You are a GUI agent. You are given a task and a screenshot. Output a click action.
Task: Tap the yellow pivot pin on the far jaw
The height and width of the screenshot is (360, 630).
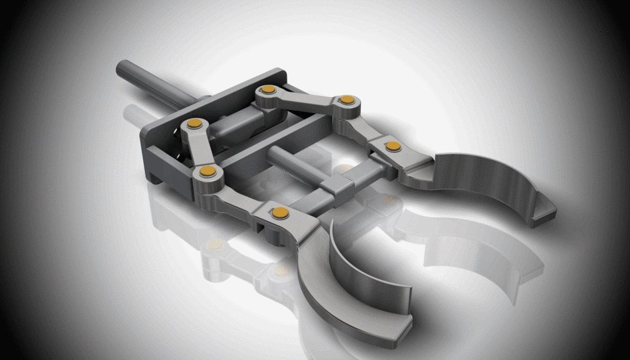(x=392, y=146)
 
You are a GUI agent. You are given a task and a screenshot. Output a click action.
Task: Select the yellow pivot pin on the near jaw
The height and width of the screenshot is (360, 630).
(x=281, y=212)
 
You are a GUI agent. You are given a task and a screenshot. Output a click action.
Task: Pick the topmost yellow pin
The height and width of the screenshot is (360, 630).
(x=268, y=90)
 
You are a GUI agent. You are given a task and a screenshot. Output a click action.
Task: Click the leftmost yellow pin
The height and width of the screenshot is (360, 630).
(x=194, y=123)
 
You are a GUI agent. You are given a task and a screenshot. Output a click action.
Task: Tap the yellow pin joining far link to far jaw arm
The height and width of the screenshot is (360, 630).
(x=347, y=100)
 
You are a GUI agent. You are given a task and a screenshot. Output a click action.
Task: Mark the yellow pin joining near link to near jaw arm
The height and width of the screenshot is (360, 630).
(x=208, y=171)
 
